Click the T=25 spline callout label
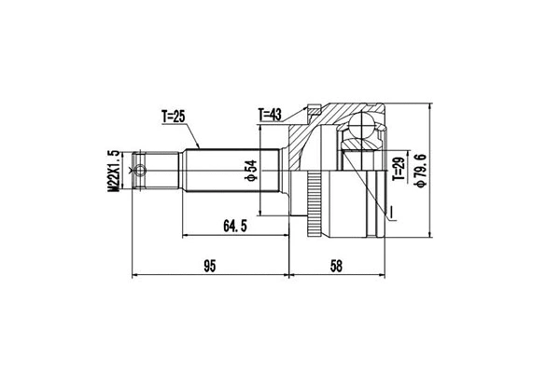[x=174, y=117]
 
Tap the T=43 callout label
[x=270, y=115]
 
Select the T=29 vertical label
[x=399, y=169]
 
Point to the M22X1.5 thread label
[x=113, y=171]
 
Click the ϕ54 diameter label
[x=251, y=171]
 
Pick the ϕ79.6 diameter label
[x=420, y=171]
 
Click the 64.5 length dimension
[x=235, y=226]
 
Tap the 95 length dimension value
[x=210, y=266]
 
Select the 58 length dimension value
[x=336, y=266]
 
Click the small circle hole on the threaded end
[x=141, y=171]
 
